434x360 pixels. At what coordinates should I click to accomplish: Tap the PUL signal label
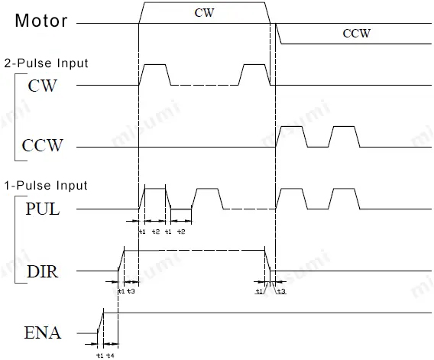(43, 208)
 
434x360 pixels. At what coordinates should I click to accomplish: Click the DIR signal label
(43, 271)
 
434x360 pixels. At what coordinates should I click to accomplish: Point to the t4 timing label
(111, 355)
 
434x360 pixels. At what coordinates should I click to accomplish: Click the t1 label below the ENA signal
(99, 355)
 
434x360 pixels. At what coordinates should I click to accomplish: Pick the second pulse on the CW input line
(254, 74)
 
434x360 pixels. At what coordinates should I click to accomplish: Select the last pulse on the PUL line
(344, 199)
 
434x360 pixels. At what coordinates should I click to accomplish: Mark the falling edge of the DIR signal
(268, 261)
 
